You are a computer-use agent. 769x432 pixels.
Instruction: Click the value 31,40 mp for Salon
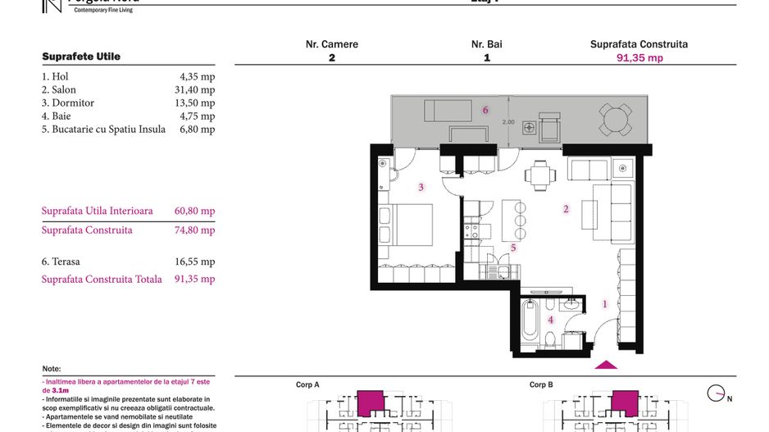coord(197,89)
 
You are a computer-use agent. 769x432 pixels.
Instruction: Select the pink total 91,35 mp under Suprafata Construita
coord(639,58)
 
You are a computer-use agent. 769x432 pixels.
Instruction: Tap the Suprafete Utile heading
coord(81,57)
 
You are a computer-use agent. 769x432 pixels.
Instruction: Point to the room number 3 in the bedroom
coord(421,188)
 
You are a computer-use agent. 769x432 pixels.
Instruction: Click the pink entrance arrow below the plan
coord(606,365)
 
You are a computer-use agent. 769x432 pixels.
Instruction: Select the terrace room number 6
coord(485,110)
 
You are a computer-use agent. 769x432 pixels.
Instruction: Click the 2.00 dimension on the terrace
coord(507,122)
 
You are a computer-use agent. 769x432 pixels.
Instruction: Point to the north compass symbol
coord(718,394)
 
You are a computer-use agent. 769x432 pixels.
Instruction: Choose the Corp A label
coord(307,384)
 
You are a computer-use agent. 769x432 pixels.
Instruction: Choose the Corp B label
coord(541,384)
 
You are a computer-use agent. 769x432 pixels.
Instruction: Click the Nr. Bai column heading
coord(486,44)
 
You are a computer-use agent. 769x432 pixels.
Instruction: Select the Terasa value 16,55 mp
coord(197,261)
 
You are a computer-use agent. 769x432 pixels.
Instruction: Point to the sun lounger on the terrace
coord(448,110)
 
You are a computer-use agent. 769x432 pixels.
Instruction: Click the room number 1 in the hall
coord(605,304)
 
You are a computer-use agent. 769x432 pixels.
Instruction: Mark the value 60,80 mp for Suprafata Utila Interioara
coord(195,211)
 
